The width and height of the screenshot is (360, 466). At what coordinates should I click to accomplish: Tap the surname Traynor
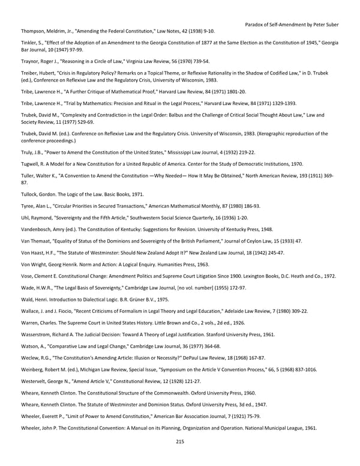pos(31,61)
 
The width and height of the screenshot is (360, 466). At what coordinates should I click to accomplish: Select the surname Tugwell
pos(31,164)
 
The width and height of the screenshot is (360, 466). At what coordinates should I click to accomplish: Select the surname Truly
pos(28,153)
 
